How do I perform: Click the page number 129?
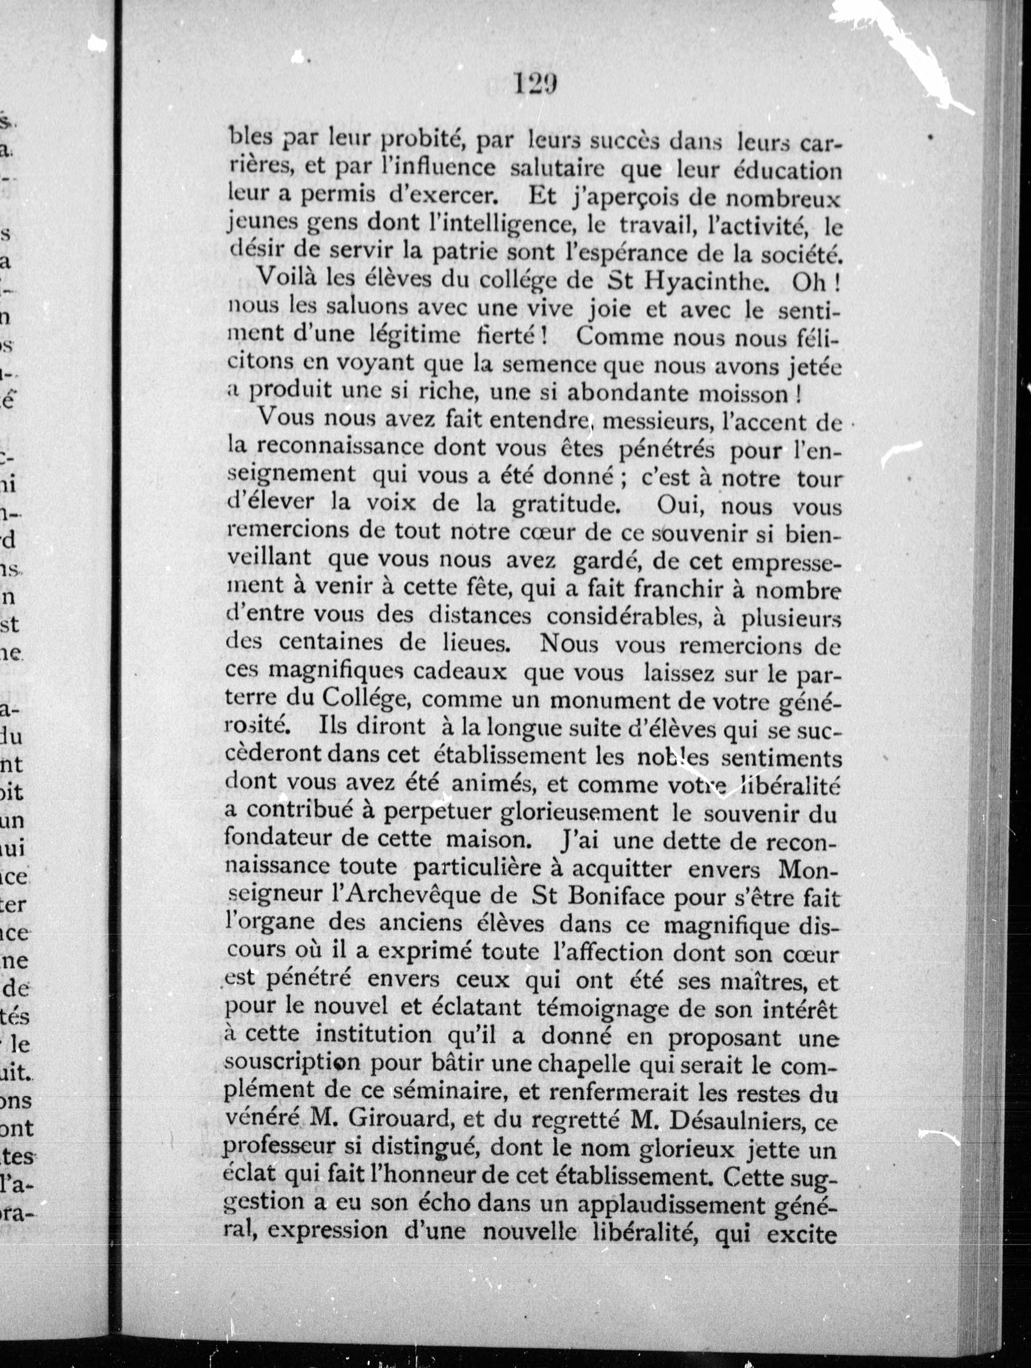(x=535, y=83)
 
